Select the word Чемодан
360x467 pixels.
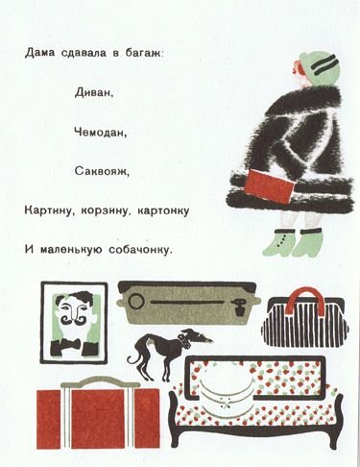97,132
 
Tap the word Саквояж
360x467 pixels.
98,171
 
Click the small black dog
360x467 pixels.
158,346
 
